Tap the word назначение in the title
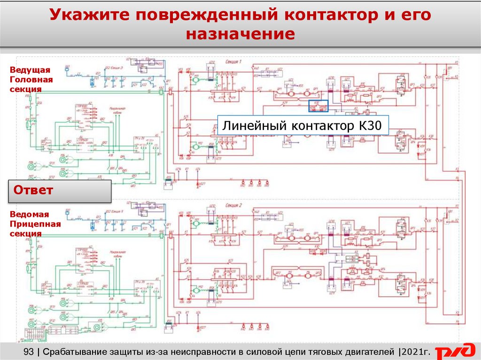tap(240, 34)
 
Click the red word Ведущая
tap(30, 70)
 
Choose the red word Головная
tap(31, 79)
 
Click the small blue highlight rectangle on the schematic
tap(318, 106)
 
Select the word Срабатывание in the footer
tap(80, 351)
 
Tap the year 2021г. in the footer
tap(416, 351)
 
